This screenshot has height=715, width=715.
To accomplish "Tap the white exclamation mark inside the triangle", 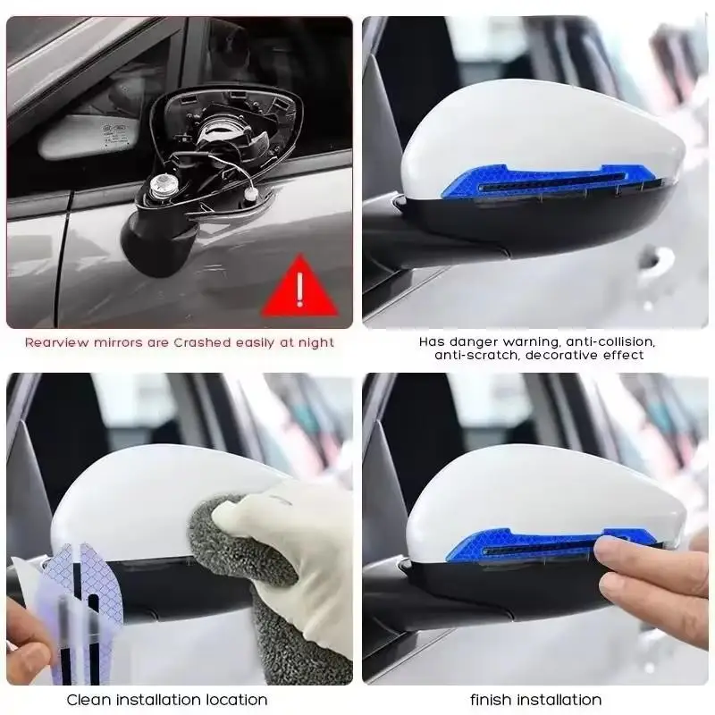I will pyautogui.click(x=299, y=290).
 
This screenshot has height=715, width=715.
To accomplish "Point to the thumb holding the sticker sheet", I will pyautogui.click(x=27, y=639).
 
